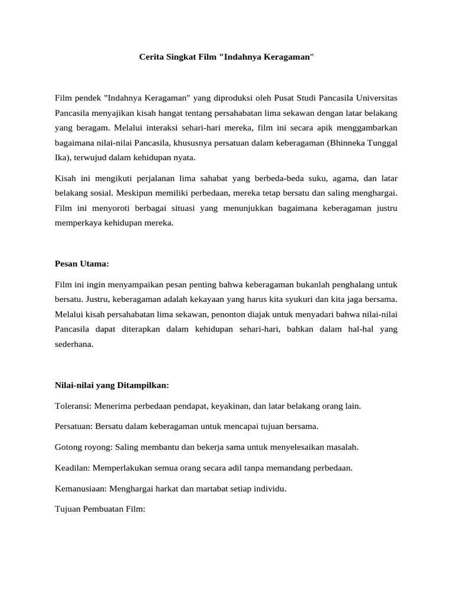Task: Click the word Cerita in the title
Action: point(150,57)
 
